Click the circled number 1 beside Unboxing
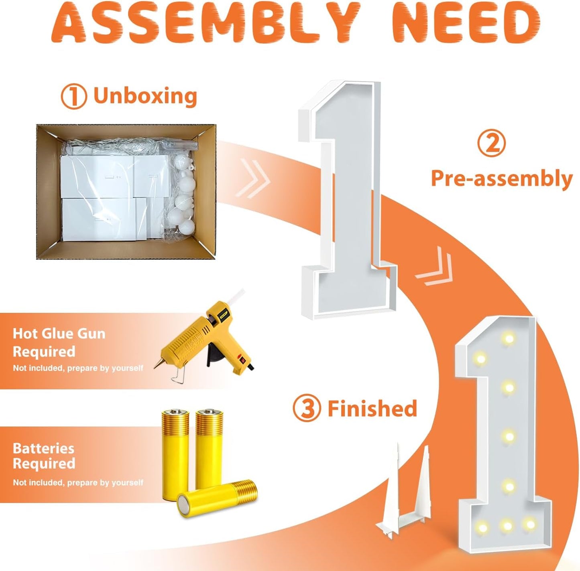74,97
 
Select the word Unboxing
145,96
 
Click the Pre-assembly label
502,179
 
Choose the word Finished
372,408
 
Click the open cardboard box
126,192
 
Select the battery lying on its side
217,498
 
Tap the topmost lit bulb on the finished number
509,338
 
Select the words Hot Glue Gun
59,334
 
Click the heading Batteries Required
44,456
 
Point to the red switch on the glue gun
241,359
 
